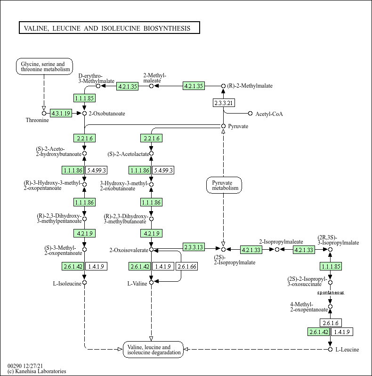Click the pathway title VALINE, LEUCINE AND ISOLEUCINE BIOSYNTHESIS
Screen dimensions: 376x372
(109, 28)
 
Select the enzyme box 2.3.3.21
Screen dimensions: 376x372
(224, 103)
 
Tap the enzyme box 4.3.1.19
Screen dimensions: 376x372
(61, 113)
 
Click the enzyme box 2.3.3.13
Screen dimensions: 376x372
(194, 247)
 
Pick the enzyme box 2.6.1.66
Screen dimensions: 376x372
(187, 267)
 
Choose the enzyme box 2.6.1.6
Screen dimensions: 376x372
(330, 323)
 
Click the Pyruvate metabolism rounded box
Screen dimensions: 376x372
(224, 185)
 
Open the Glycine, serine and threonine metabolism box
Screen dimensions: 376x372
(44, 66)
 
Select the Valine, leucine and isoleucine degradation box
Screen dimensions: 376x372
(153, 350)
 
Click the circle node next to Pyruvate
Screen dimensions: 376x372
(224, 126)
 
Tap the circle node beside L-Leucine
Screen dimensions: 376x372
(330, 349)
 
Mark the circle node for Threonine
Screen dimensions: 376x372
(44, 113)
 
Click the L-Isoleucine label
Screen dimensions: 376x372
(66, 283)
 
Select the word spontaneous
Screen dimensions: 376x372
(330, 293)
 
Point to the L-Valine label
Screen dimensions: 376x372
(137, 283)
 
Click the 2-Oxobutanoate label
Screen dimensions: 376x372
(107, 114)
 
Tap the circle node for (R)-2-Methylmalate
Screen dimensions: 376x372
(224, 86)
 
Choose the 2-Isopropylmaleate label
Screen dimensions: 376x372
(277, 241)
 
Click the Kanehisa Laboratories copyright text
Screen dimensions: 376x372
(37, 371)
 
